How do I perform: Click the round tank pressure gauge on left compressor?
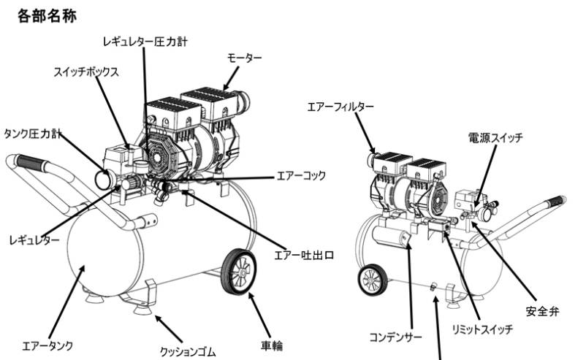tap(102, 176)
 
